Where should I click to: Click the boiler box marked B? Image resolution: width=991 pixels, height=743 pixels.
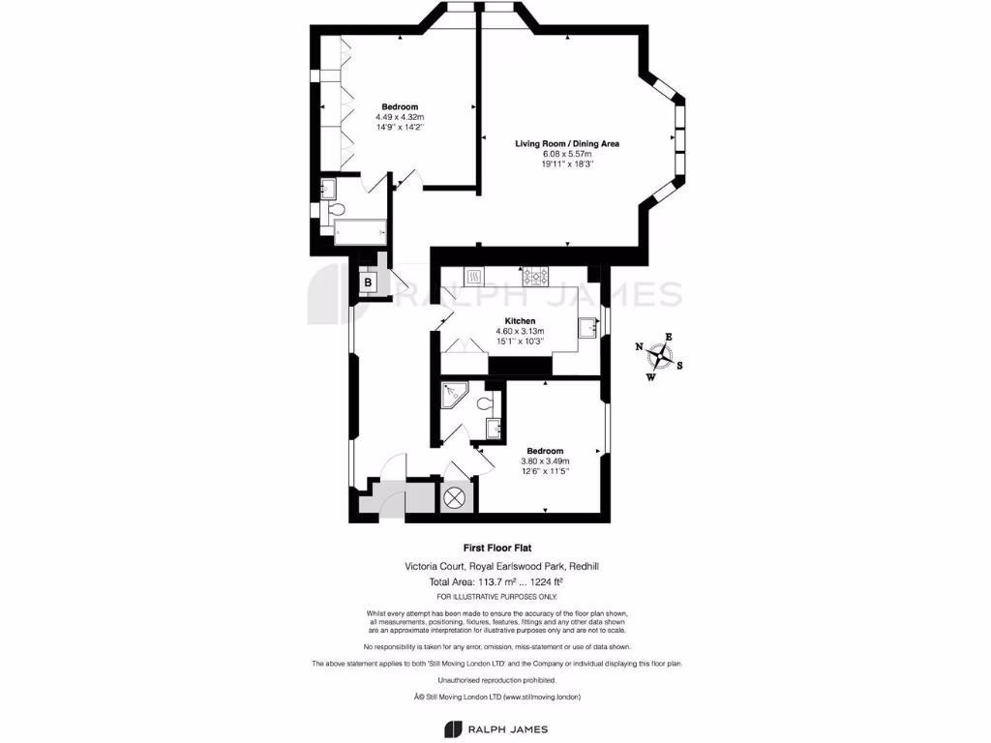(368, 282)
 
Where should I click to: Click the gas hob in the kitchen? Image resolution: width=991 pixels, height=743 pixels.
(535, 277)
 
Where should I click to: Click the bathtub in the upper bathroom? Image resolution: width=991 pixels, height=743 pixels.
(359, 231)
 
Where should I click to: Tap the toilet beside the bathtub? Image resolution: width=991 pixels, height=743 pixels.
(334, 210)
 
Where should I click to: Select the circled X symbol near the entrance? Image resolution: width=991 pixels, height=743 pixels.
(454, 499)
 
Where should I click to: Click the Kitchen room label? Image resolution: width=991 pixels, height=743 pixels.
(520, 321)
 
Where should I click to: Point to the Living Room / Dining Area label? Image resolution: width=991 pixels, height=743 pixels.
(566, 143)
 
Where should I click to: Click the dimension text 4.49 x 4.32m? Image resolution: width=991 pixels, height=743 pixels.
(400, 116)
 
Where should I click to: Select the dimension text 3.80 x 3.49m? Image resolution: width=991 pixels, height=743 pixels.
(545, 461)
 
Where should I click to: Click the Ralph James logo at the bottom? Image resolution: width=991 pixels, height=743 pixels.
(495, 728)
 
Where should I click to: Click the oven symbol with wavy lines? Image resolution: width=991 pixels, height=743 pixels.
(475, 277)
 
